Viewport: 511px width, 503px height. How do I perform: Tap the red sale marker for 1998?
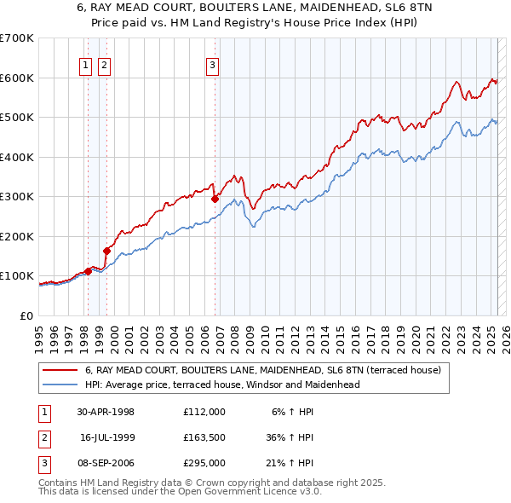88,272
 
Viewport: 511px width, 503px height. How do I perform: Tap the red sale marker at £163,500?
107,251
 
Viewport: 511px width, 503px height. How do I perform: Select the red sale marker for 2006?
215,199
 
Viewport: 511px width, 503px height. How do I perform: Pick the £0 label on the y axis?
26,315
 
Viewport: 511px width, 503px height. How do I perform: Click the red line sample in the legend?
61,371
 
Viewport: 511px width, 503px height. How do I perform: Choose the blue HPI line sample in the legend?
61,384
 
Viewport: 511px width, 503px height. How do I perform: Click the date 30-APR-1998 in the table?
106,411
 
